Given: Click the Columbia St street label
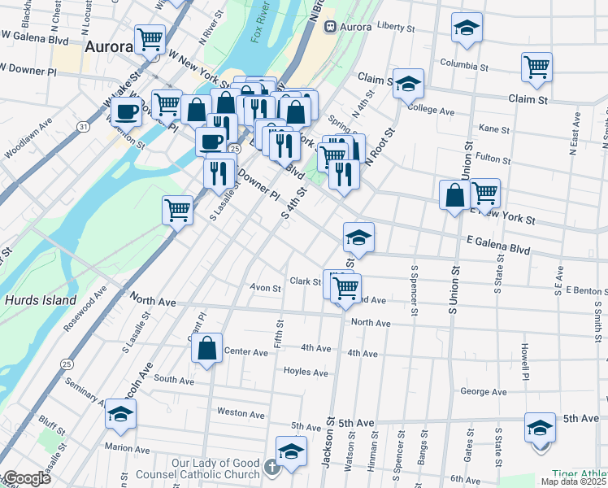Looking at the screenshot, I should pos(467,63).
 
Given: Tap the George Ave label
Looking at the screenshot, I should pos(483,391).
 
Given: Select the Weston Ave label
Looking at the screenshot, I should pos(241,413).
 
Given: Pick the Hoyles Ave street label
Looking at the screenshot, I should pos(306,372).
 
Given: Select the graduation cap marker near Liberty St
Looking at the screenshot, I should pos(467,28).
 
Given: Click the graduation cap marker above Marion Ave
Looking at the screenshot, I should pos(120,414).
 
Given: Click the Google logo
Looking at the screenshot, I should pos(26,478).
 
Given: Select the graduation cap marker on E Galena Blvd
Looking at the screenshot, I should pos(358,237).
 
